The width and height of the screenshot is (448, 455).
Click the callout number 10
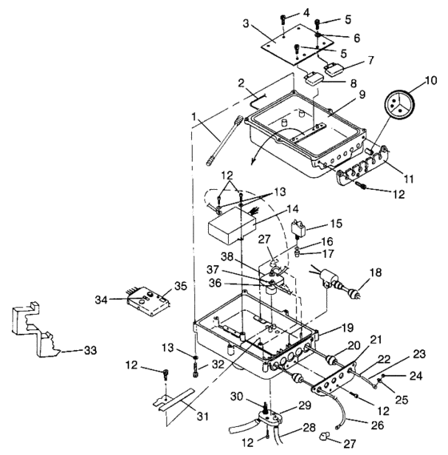coord(430,80)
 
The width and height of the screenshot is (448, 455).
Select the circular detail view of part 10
coord(399,104)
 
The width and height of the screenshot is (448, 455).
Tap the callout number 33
coord(90,350)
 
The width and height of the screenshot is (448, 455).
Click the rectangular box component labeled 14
coord(232,227)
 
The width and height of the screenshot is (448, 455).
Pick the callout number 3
coord(246,23)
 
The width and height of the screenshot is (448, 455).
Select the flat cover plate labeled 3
coord(297,44)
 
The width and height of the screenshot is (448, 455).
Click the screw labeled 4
coord(283,19)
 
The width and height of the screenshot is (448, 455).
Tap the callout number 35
coord(181,286)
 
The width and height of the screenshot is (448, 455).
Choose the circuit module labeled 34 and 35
coord(148,302)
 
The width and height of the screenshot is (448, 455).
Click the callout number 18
coord(375,273)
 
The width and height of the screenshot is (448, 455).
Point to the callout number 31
coord(203,417)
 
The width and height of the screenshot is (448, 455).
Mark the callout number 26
coord(378,425)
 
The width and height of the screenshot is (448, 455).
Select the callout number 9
coord(362,95)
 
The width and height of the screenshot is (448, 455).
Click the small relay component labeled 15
coord(298,228)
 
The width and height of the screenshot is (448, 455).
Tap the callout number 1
coord(194,117)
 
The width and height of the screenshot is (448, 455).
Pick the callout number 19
coord(348,328)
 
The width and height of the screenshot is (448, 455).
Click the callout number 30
coord(237,396)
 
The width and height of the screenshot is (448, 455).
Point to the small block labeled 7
coord(334,70)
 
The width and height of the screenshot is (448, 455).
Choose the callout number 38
coord(227,256)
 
